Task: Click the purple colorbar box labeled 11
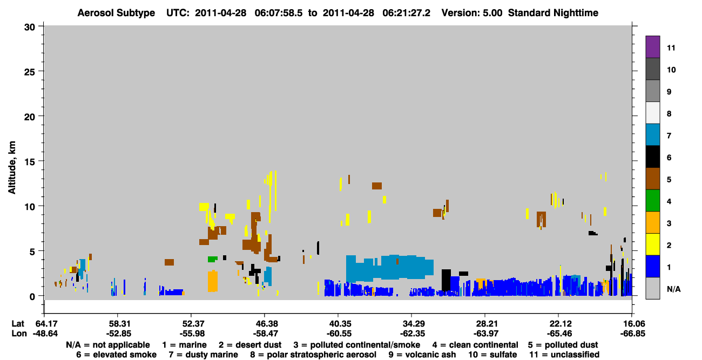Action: pos(652,46)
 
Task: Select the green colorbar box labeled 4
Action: pos(652,201)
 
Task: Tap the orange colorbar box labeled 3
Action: pos(652,222)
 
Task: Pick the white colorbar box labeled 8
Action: pos(652,112)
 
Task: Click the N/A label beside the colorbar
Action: pos(673,289)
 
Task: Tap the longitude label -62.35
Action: pos(412,334)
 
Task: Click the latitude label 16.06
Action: pos(632,323)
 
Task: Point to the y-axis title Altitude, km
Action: pos(11,168)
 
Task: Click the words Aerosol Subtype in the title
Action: pos(116,13)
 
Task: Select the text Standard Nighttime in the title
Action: pos(553,13)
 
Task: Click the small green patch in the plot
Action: pos(212,259)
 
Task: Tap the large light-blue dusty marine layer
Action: pos(389,267)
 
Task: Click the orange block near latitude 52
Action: pos(212,281)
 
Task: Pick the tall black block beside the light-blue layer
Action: pos(446,280)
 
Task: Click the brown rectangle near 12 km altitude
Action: pos(377,186)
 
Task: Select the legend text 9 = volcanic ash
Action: pos(422,355)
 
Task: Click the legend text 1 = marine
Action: pos(184,345)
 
